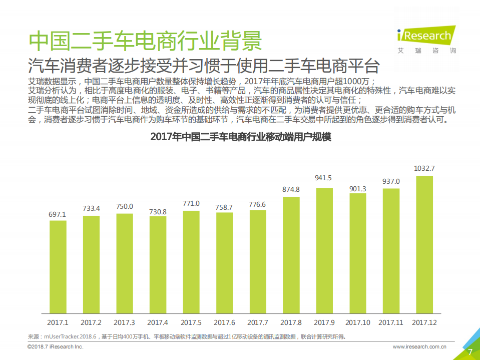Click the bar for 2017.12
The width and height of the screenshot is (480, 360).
point(424,244)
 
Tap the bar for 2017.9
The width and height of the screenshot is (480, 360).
point(324,250)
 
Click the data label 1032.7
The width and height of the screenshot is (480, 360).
point(424,168)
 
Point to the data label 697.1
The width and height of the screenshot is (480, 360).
point(58,214)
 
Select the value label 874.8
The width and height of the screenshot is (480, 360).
point(291,189)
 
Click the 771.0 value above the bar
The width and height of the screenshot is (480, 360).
point(191,203)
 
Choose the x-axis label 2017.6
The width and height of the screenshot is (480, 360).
point(224,322)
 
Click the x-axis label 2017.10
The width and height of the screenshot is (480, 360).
point(357,322)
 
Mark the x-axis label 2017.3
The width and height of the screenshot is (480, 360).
point(125,322)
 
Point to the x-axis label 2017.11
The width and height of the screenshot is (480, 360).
point(391,322)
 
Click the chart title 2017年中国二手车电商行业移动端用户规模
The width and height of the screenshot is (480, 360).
point(241,137)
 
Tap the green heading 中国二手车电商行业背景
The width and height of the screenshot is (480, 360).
point(145,41)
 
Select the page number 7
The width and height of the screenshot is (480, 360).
point(470,352)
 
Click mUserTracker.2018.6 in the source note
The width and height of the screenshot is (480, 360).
point(73,336)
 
